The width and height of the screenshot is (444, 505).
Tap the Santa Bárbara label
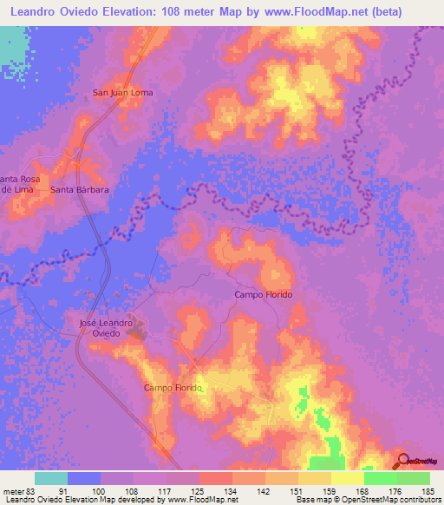click(79, 189)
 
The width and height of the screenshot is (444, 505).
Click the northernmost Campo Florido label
click(264, 295)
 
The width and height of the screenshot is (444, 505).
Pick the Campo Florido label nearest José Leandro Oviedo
click(173, 388)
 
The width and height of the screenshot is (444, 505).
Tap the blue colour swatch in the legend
click(84, 478)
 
